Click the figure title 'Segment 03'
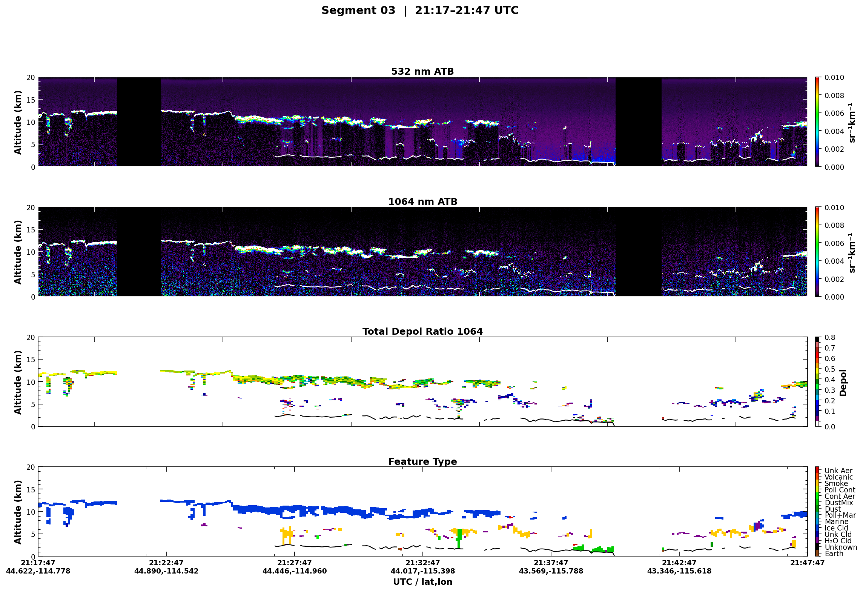coord(358,11)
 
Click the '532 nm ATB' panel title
coord(422,72)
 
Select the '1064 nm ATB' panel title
coord(422,202)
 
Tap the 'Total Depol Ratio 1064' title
coord(422,332)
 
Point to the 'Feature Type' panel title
coord(422,462)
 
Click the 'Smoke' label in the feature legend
coord(836,484)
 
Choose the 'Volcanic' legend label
coord(838,477)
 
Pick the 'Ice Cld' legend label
coord(836,528)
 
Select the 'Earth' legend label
coord(834,554)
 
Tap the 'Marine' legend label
coord(836,522)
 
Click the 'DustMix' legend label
coord(838,503)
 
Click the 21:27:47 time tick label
coord(294,563)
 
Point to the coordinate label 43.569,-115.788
coord(551,571)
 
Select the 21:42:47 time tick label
coord(679,563)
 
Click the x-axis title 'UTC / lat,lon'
coord(422,582)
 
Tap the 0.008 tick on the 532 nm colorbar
coord(834,96)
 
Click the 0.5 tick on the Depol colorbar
coord(830,369)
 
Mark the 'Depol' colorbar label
coord(843,383)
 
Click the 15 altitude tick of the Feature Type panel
coord(31,490)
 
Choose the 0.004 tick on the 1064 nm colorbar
coord(834,261)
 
